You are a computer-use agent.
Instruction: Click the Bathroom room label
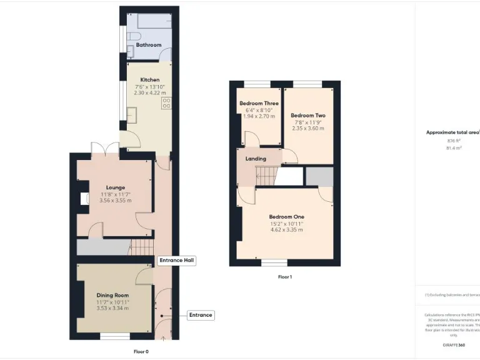coord(149,45)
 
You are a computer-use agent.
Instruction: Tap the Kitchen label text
coord(149,80)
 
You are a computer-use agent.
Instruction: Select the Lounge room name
coord(116,187)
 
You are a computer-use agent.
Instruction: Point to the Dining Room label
coord(112,295)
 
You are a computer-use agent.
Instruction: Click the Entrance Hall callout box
coord(177,260)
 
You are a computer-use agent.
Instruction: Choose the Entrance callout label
coord(201,316)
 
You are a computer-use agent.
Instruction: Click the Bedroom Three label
coord(259,103)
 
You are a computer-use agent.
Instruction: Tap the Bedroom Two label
coord(308,116)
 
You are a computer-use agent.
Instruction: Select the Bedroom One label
coord(286,217)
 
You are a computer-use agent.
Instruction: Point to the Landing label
coord(256,159)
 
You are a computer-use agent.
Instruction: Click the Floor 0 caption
coord(141,351)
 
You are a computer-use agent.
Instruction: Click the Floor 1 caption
coord(285,277)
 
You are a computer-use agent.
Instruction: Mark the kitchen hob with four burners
coord(167,103)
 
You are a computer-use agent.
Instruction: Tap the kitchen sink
coord(132,114)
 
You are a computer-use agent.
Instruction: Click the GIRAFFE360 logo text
coord(454,345)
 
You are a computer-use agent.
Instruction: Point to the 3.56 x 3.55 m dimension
coord(116,201)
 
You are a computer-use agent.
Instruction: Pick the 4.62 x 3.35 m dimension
coord(286,230)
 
